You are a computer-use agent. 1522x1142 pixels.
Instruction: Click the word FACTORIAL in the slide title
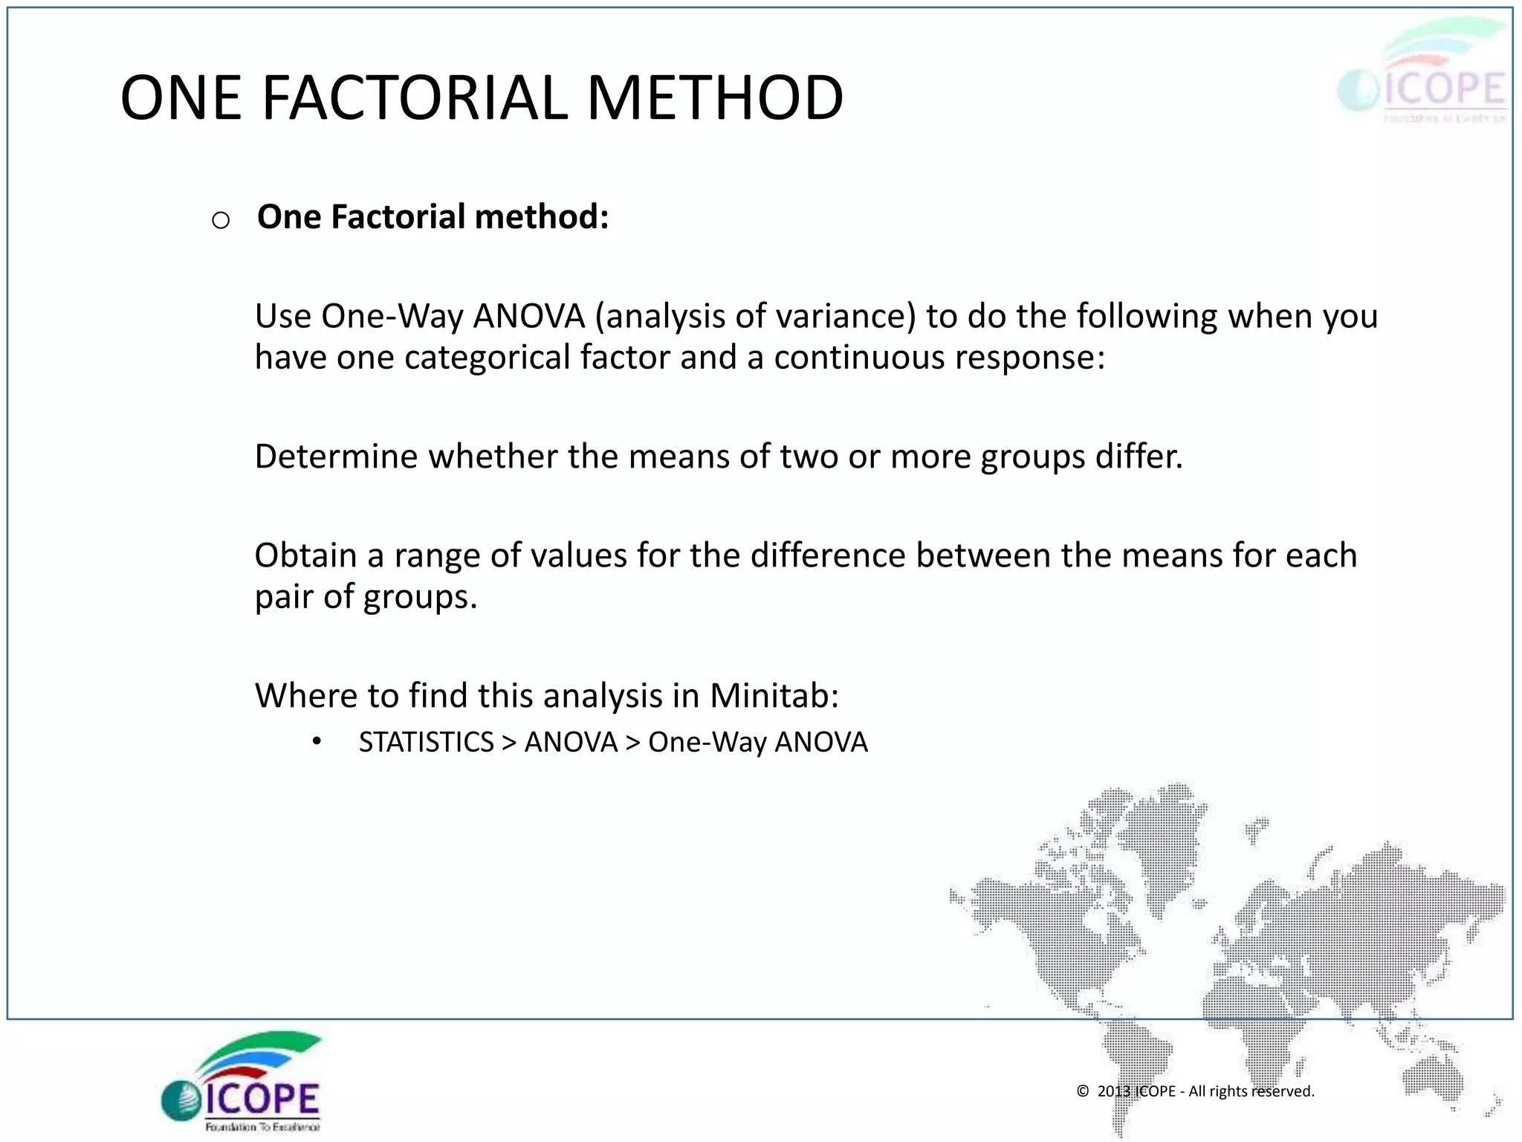(x=415, y=98)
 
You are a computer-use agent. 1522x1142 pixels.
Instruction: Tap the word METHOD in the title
(x=715, y=98)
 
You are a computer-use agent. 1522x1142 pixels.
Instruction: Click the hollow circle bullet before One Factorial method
(x=221, y=220)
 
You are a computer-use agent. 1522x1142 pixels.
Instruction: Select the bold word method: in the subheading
(x=542, y=217)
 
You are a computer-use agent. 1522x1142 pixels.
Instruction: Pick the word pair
(x=283, y=596)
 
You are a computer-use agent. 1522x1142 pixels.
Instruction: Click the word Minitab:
(x=774, y=696)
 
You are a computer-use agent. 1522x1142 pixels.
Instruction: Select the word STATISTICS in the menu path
(x=426, y=742)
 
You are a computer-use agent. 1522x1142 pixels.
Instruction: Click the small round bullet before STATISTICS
(x=317, y=741)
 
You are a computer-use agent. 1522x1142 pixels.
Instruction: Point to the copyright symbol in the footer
(x=1083, y=1091)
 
